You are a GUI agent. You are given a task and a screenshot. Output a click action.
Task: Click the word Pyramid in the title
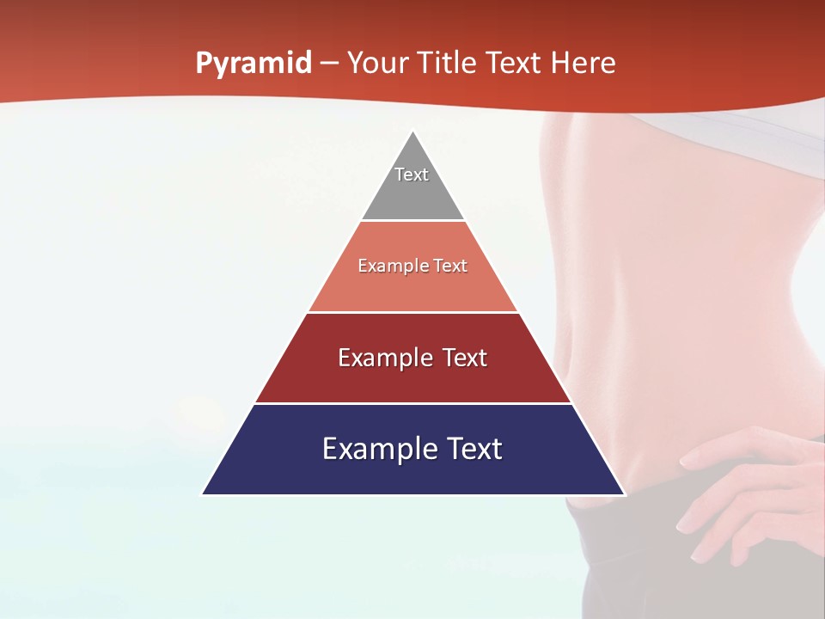point(253,64)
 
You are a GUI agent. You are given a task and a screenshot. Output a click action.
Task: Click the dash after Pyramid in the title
point(328,64)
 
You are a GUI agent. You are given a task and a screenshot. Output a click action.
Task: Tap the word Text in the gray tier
point(412,175)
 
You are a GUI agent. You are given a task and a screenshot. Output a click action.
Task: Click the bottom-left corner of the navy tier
point(204,493)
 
